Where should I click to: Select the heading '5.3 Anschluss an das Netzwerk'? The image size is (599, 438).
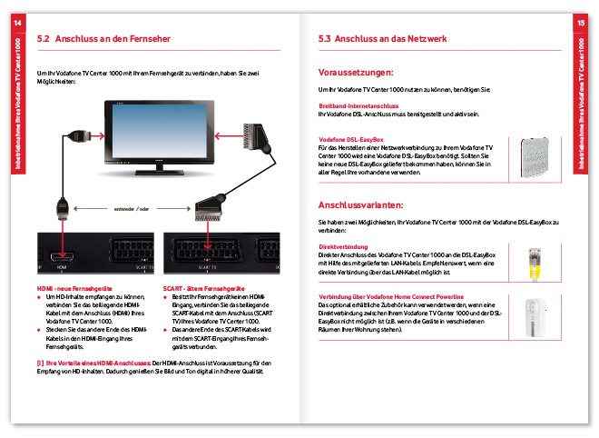(x=380, y=40)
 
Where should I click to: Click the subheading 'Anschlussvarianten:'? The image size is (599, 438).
(x=360, y=204)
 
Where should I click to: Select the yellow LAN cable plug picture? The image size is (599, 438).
(x=535, y=264)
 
